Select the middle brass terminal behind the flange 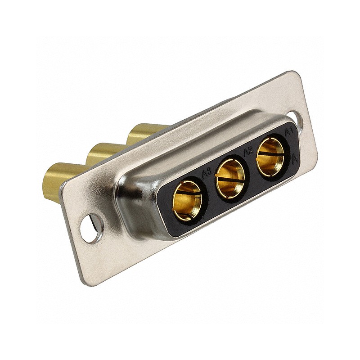[x=99, y=153]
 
